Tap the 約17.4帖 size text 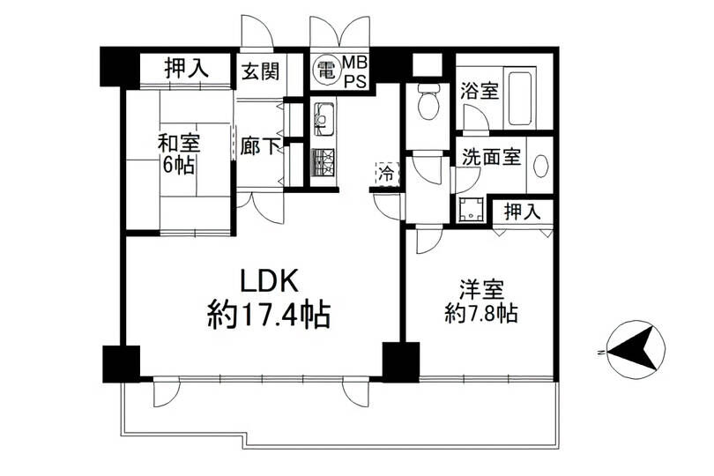pyautogui.click(x=269, y=314)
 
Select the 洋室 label pyautogui.click(x=480, y=290)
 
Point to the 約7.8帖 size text pyautogui.click(x=480, y=314)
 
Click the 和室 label pyautogui.click(x=177, y=142)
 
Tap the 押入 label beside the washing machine pyautogui.click(x=523, y=212)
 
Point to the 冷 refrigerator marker pyautogui.click(x=386, y=173)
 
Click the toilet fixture pyautogui.click(x=428, y=103)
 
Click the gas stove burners pyautogui.click(x=324, y=165)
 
